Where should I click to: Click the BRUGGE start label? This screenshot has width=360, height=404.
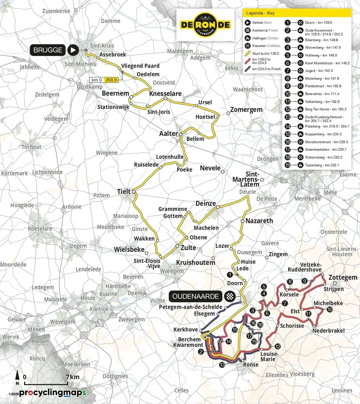[x=48, y=50]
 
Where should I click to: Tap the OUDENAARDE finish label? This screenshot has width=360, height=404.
[x=195, y=296]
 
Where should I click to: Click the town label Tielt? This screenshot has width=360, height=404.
[x=124, y=191]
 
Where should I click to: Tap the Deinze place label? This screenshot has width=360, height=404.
[x=206, y=203]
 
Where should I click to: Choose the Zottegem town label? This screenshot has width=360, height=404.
[x=343, y=277]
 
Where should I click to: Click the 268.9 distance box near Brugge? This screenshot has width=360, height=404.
[x=111, y=80]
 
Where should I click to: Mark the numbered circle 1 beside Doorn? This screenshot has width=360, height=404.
[x=230, y=274]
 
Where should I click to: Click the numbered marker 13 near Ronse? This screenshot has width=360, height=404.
[x=222, y=365]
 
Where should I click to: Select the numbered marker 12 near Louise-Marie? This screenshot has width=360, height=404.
[x=278, y=346]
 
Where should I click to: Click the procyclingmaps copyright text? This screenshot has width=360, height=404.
[x=47, y=393]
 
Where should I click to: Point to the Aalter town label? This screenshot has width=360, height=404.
[x=168, y=134]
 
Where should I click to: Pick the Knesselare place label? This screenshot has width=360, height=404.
[x=165, y=94]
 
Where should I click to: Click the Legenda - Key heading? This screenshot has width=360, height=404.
[x=261, y=13]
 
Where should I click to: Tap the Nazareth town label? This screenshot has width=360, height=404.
[x=259, y=221]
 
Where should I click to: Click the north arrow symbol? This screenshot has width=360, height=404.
[x=17, y=377]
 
